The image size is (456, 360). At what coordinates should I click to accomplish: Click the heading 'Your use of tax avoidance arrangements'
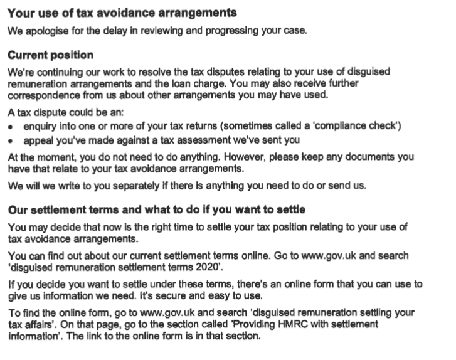[x=122, y=13]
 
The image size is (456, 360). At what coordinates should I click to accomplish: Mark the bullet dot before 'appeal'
[x=11, y=140]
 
